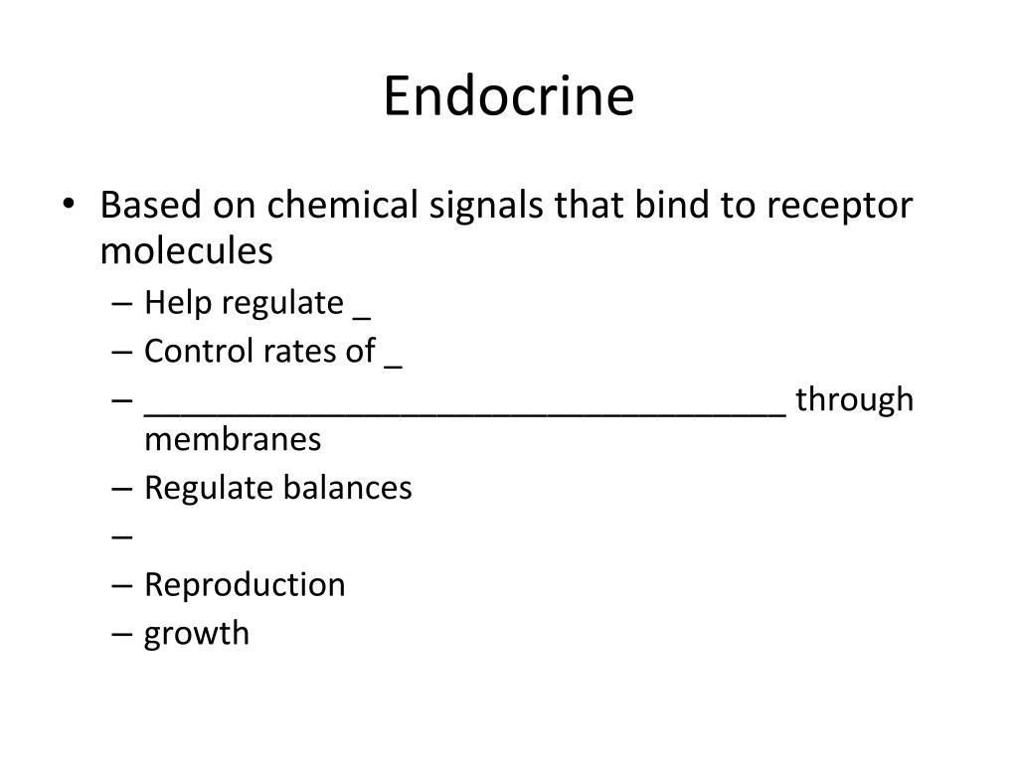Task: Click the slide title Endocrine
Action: [509, 97]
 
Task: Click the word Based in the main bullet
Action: [151, 206]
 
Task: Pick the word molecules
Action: [186, 251]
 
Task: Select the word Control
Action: [199, 351]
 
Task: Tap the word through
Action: [854, 400]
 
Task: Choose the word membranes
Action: [233, 439]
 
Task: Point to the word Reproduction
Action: [245, 585]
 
